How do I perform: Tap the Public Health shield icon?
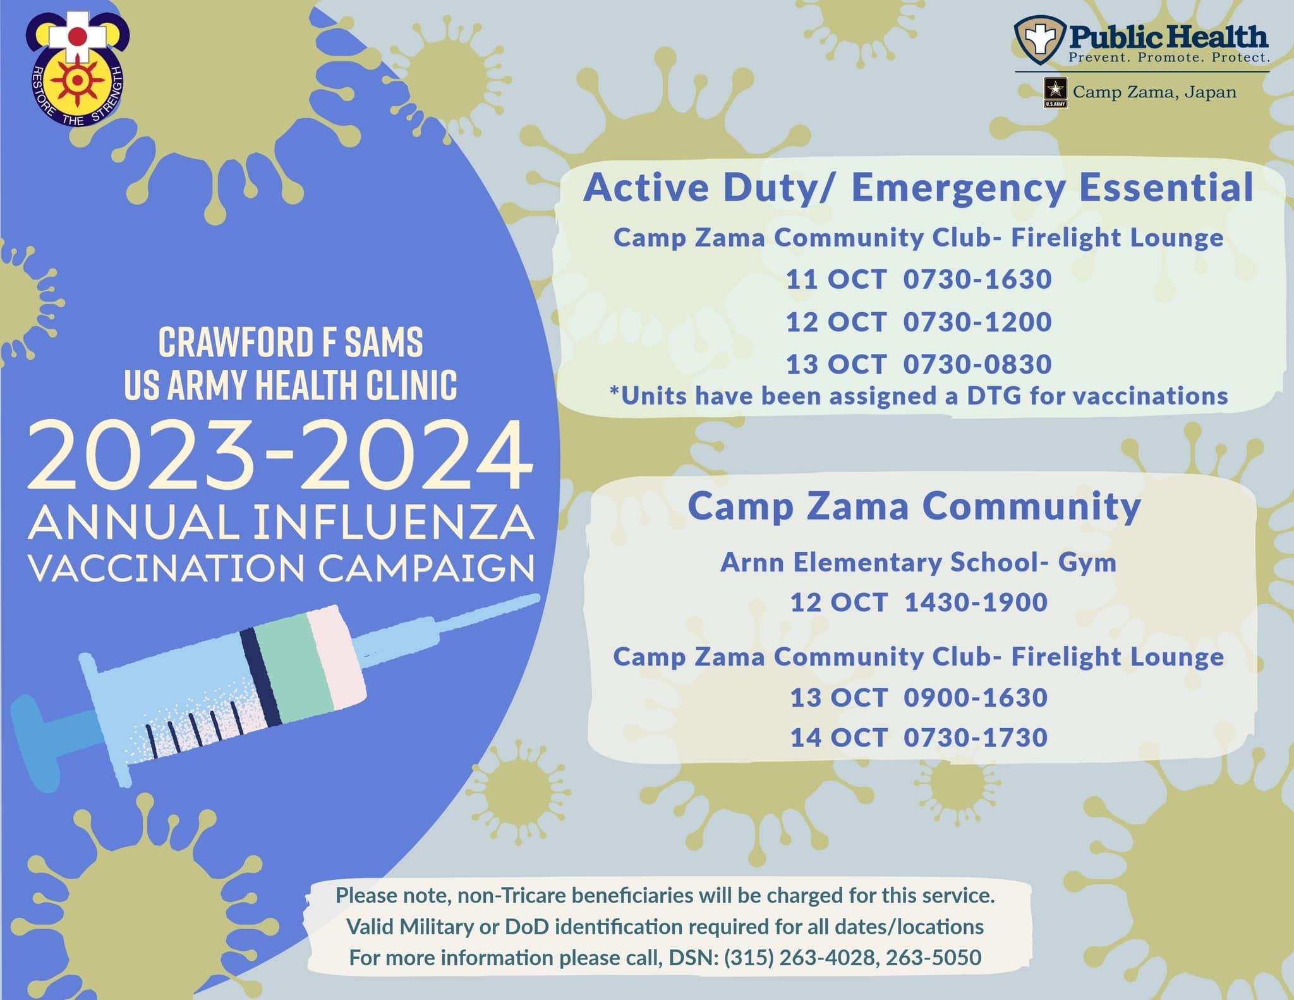click(x=1039, y=40)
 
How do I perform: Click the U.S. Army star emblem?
click(x=1055, y=92)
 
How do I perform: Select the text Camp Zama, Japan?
click(x=1154, y=92)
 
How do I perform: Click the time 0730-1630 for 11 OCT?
click(x=977, y=279)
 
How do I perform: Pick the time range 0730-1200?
click(x=977, y=322)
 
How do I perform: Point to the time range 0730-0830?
click(x=977, y=364)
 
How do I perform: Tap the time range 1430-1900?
click(x=976, y=602)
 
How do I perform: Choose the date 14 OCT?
click(x=839, y=738)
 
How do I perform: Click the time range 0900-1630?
click(x=976, y=698)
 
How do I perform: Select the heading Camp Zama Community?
click(x=914, y=507)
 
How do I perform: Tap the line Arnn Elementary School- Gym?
click(x=918, y=563)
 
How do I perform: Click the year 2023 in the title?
click(x=142, y=457)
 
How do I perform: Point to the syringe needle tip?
click(x=536, y=598)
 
